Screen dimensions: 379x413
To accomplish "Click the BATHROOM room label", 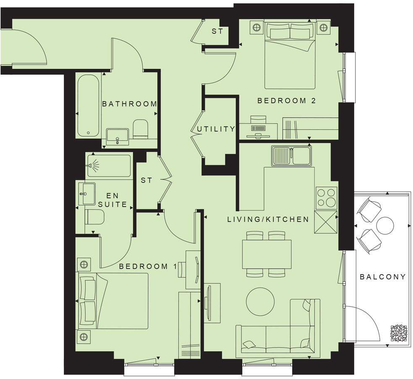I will [x=129, y=104].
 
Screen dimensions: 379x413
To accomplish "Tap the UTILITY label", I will [x=216, y=129].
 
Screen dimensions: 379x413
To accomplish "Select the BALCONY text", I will [x=383, y=277].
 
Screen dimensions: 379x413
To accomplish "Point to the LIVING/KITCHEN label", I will [x=268, y=219].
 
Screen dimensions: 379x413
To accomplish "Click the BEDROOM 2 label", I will [x=286, y=101].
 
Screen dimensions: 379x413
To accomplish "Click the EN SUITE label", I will [x=112, y=200].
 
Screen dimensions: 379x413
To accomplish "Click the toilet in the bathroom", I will [x=140, y=128].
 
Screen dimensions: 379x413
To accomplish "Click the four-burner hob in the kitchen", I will [x=327, y=197].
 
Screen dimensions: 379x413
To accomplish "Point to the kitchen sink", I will [x=291, y=156].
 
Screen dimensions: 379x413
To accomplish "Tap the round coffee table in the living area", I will [x=260, y=301].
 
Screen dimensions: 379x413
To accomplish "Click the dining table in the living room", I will [x=267, y=254].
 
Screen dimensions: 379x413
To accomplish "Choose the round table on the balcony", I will [x=385, y=226].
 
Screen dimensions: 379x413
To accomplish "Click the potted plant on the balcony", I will [x=398, y=333].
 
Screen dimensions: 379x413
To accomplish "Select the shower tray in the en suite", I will [x=108, y=165].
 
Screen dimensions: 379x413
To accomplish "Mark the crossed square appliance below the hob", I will [x=327, y=222].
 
